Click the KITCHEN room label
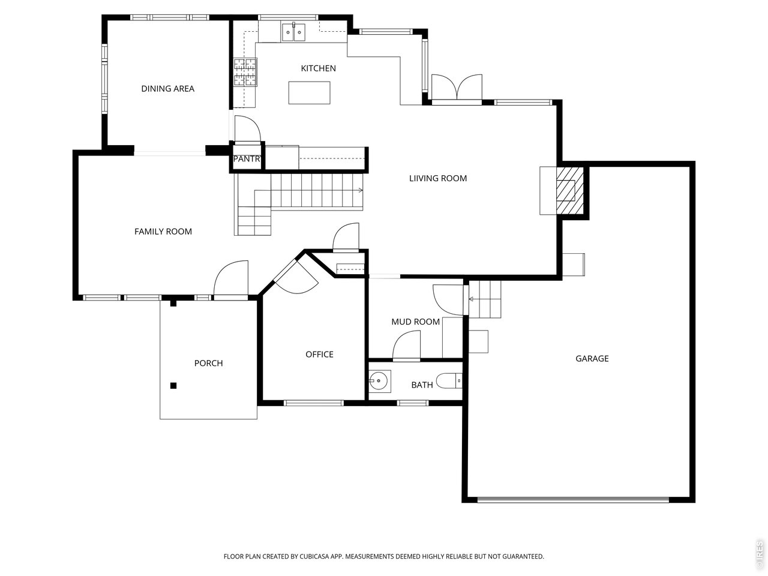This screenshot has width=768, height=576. (318, 68)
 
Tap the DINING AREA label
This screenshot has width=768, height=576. (167, 89)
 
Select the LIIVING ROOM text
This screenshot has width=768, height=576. (438, 178)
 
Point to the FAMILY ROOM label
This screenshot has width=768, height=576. (163, 232)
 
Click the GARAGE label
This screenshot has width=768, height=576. (592, 358)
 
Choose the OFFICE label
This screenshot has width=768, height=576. (319, 355)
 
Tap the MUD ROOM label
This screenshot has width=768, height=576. (415, 322)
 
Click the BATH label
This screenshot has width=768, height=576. (422, 385)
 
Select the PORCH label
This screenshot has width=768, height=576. (209, 364)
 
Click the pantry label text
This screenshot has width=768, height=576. (247, 159)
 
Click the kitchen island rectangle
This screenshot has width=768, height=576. (309, 92)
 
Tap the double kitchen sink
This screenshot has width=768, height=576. (293, 32)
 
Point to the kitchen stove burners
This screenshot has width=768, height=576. (245, 72)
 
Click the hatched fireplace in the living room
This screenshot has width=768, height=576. (570, 191)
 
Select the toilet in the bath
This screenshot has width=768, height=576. (449, 381)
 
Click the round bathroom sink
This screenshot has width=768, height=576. (380, 381)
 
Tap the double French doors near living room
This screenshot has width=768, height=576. (457, 89)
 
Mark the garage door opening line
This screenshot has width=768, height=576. (573, 500)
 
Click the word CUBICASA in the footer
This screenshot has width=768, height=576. (313, 556)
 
